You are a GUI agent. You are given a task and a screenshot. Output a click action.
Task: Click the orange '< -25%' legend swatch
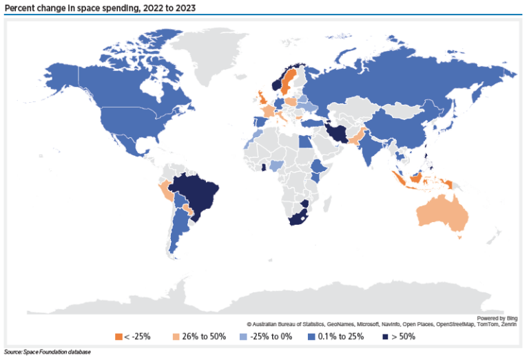tap(118, 336)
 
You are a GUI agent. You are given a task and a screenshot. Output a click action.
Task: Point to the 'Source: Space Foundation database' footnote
tap(47, 352)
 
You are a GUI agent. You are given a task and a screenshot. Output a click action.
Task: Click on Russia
tap(386, 76)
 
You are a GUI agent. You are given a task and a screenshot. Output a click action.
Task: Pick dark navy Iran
tap(337, 131)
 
